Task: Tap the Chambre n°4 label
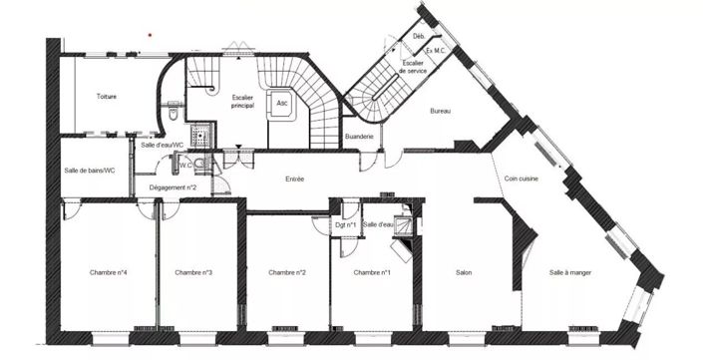pyautogui.click(x=108, y=272)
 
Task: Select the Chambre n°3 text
pyautogui.click(x=193, y=272)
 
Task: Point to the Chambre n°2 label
pyautogui.click(x=287, y=272)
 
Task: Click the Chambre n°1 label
pyautogui.click(x=372, y=272)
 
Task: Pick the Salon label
pyautogui.click(x=464, y=272)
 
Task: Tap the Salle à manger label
pyautogui.click(x=568, y=272)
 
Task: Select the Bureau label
pyautogui.click(x=440, y=111)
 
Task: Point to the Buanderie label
pyautogui.click(x=359, y=136)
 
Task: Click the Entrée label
pyautogui.click(x=294, y=180)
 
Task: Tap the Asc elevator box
pyautogui.click(x=282, y=103)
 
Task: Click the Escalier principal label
pyautogui.click(x=242, y=102)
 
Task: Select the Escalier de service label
pyautogui.click(x=414, y=67)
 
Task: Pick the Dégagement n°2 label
pyautogui.click(x=173, y=186)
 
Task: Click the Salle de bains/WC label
pyautogui.click(x=90, y=171)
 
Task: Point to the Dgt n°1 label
pyautogui.click(x=347, y=224)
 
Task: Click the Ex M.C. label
pyautogui.click(x=435, y=49)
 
